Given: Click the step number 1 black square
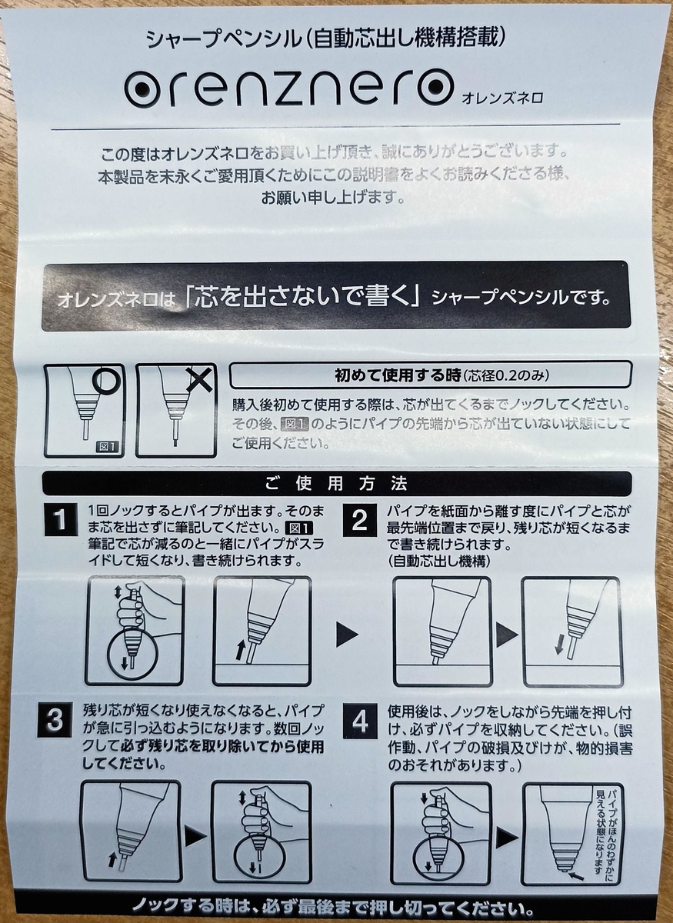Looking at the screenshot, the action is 61,520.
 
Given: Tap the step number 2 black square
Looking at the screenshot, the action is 360,520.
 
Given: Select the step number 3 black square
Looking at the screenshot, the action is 55,721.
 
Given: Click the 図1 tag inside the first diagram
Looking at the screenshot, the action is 107,447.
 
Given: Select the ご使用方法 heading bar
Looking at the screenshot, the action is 337,483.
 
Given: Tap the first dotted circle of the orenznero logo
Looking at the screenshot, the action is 143,88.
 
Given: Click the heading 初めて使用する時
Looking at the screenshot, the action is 398,375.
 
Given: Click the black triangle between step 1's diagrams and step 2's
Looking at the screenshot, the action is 348,635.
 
